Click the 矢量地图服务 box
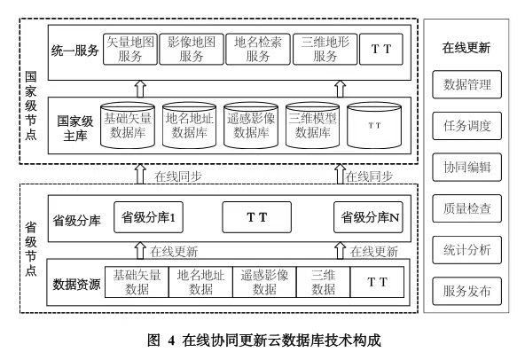[x=129, y=49]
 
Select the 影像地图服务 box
[x=192, y=49]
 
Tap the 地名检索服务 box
[x=258, y=49]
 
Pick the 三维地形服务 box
[x=325, y=49]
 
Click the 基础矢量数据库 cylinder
[x=128, y=125]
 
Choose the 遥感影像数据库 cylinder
[x=251, y=125]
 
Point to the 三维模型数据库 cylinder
[x=313, y=125]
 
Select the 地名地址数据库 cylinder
[x=189, y=125]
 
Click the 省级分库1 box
[x=148, y=217]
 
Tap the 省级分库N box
[x=368, y=217]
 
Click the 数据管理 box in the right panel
[x=466, y=84]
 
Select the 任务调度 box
[x=466, y=126]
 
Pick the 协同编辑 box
[x=466, y=167]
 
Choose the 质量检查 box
[x=466, y=208]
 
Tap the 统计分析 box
[x=466, y=250]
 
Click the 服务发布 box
[x=466, y=291]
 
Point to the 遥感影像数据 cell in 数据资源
[x=264, y=282]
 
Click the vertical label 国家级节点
[x=31, y=106]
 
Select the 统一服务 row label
[x=75, y=51]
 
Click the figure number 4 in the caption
[x=171, y=340]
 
